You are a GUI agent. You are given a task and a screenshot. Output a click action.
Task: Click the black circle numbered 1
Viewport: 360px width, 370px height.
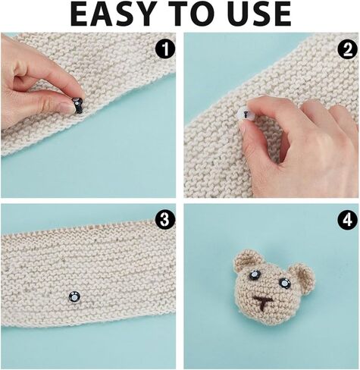[x=165, y=49]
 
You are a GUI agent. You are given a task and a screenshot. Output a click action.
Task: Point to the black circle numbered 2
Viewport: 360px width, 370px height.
[x=348, y=49]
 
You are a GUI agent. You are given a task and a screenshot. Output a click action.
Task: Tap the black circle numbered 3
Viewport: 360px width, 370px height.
[x=165, y=220]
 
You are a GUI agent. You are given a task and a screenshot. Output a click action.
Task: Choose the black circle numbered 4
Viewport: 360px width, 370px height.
[x=348, y=220]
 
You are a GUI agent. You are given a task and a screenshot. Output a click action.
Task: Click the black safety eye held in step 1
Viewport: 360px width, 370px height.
[x=77, y=105]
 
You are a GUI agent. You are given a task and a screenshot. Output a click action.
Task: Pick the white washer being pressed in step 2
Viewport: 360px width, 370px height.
[x=245, y=114]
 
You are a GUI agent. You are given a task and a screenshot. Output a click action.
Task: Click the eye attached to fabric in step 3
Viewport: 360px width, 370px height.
[x=74, y=296]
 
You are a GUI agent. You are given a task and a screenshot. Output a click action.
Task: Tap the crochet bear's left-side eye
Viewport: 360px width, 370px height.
[x=254, y=275]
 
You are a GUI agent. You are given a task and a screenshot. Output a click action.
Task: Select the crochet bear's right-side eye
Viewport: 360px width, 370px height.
[x=285, y=283]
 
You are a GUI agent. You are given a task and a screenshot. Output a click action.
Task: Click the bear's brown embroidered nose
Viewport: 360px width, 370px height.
[x=263, y=303]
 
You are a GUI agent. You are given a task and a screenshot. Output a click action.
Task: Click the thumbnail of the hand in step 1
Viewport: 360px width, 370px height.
[x=66, y=106]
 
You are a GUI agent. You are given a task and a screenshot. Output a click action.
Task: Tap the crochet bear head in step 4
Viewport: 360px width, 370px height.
[x=274, y=287]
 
